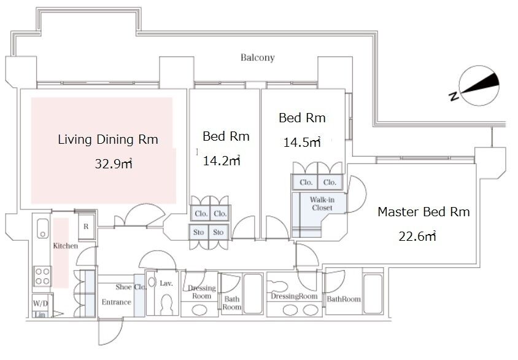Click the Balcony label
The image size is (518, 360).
tap(257, 58)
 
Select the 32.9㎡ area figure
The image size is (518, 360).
tap(114, 163)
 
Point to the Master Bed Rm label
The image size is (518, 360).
tap(423, 211)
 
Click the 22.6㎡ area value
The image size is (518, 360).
tap(417, 236)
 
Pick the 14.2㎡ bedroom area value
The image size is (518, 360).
tap(222, 160)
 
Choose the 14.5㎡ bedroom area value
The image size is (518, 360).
tap(302, 142)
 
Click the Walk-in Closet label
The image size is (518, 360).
tap(322, 203)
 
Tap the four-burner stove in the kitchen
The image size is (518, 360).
tap(42, 276)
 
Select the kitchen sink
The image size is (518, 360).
tap(42, 228)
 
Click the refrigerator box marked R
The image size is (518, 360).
tap(86, 227)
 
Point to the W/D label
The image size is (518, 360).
tap(41, 303)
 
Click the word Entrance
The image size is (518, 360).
tap(116, 302)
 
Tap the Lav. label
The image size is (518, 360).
tap(166, 283)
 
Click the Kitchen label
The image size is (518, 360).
tap(66, 246)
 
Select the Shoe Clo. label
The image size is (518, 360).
tap(131, 287)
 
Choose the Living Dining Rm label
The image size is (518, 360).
tap(108, 139)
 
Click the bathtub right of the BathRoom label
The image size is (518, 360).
tap(373, 294)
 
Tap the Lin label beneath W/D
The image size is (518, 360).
tap(40, 315)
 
